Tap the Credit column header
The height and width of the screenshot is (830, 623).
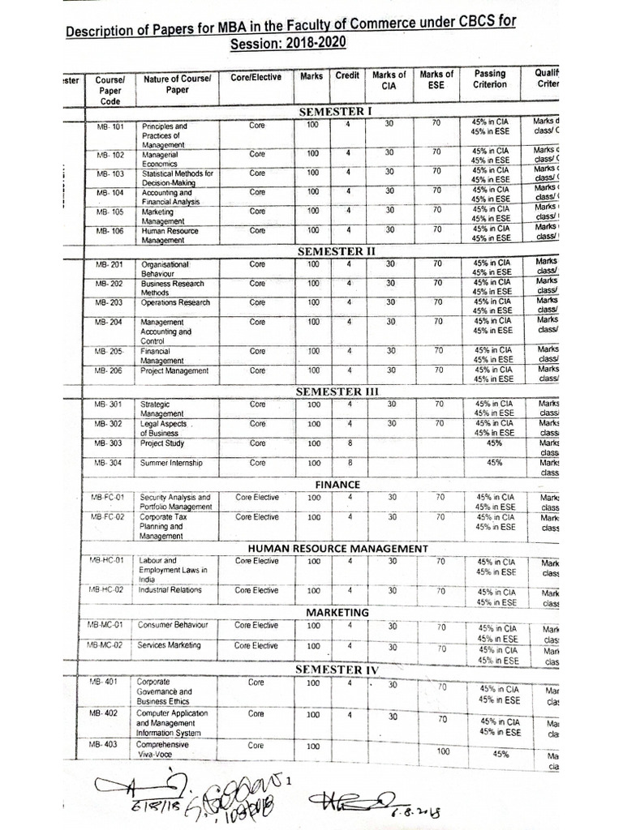click(x=348, y=75)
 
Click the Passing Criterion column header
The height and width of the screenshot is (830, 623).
click(x=490, y=79)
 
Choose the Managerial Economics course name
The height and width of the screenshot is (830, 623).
click(x=162, y=159)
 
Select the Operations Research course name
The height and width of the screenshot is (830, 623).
click(x=175, y=303)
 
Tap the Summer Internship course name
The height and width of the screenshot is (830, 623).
click(x=171, y=464)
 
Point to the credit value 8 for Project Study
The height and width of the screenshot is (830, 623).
click(x=349, y=443)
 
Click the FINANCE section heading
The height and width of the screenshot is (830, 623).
click(x=337, y=485)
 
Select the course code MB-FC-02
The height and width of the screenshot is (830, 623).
click(x=107, y=517)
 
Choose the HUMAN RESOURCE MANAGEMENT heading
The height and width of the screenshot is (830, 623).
click(x=337, y=549)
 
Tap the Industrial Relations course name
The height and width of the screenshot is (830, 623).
click(x=170, y=590)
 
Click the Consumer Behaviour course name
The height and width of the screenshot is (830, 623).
click(x=173, y=626)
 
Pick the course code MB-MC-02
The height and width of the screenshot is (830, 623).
click(x=106, y=645)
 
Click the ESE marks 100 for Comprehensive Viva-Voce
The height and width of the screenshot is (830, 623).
click(x=443, y=751)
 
